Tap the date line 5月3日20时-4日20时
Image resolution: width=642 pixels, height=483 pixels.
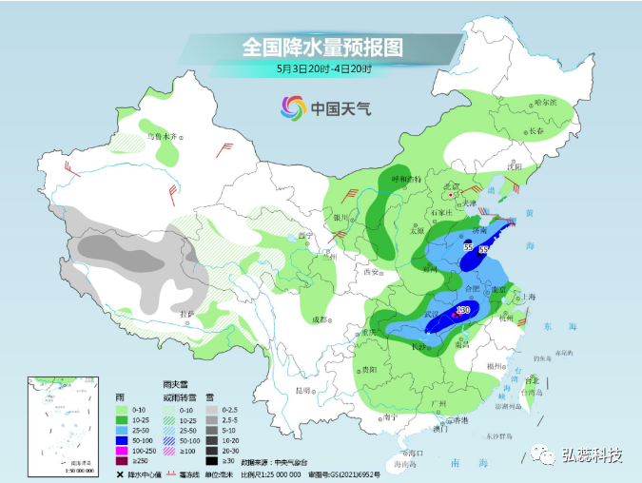click(322, 68)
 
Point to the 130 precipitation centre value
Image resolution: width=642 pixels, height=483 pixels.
click(464, 310)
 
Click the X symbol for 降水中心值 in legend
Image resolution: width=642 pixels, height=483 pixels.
click(120, 473)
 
